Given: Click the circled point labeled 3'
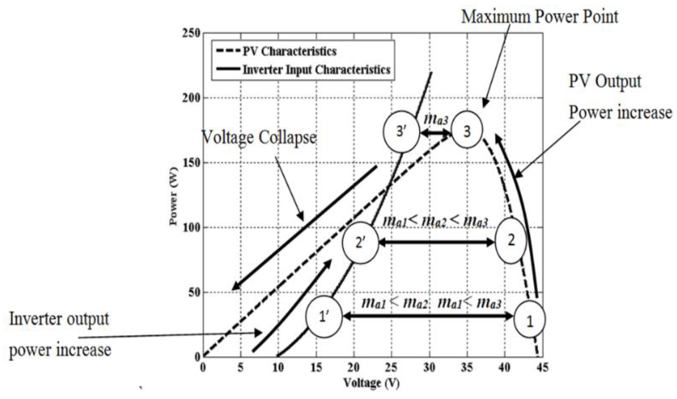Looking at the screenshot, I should pyautogui.click(x=401, y=132).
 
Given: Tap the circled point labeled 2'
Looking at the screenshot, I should pyautogui.click(x=360, y=243).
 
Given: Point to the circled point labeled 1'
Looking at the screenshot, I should pyautogui.click(x=324, y=317).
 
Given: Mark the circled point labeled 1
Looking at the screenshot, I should pyautogui.click(x=529, y=320).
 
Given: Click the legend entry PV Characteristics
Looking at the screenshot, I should pyautogui.click(x=290, y=51).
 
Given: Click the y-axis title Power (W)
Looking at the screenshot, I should pyautogui.click(x=174, y=196).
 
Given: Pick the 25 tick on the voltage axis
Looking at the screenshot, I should pyautogui.click(x=391, y=368).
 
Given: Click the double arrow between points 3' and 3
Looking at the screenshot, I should pyautogui.click(x=436, y=133).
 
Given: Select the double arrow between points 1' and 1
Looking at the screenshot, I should pyautogui.click(x=427, y=317).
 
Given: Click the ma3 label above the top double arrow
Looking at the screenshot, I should pyautogui.click(x=436, y=119).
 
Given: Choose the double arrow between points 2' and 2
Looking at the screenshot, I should pyautogui.click(x=436, y=242).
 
